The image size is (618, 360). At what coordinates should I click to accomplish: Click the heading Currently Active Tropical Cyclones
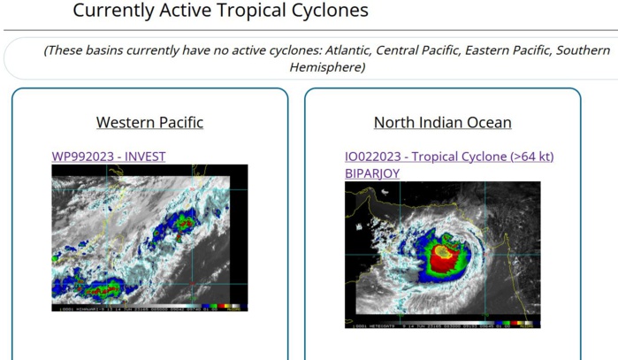tap(220, 11)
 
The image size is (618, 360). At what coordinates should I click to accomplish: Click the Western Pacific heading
tap(149, 122)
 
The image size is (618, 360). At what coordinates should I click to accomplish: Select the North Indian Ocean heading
tap(442, 122)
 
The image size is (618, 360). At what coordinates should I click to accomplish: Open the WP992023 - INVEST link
tap(109, 157)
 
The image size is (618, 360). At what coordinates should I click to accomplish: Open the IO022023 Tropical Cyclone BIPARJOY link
tap(449, 157)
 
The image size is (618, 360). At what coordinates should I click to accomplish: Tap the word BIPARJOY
tap(372, 173)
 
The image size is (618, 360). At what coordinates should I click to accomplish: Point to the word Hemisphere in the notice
tap(327, 67)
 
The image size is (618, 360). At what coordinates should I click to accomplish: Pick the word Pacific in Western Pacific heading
tap(179, 122)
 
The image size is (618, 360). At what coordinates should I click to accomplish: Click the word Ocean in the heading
tap(488, 122)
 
